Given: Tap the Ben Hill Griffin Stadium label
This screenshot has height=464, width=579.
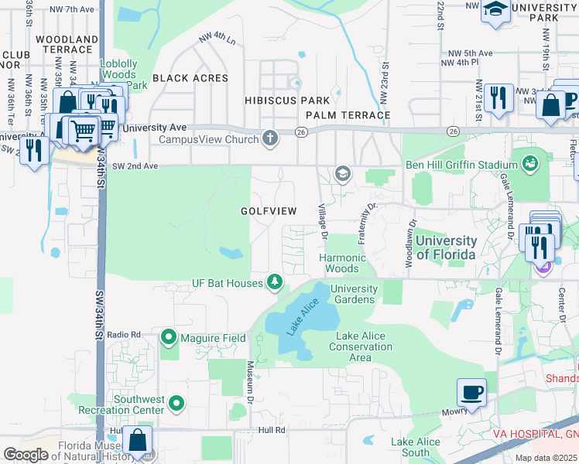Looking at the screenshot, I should coord(461,165).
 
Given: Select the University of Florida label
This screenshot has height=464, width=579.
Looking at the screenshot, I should coord(446,247).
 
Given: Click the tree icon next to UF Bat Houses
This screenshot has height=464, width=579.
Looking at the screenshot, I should coord(274,283).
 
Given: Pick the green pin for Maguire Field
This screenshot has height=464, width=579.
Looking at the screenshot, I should coord(169,337).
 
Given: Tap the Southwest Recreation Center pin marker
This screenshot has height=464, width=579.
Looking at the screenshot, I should coord(176,402).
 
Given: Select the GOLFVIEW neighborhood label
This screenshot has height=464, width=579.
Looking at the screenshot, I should coord(268,210).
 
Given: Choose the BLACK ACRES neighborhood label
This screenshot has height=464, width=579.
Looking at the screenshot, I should coord(190,78).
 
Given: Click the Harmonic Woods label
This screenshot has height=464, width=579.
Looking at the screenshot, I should coord(341,263).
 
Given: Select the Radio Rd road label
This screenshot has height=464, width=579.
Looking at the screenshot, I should coord(124,334).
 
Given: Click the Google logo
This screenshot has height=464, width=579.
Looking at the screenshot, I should coord(26,455).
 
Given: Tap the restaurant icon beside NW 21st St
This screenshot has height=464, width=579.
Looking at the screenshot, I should coord(498,97).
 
